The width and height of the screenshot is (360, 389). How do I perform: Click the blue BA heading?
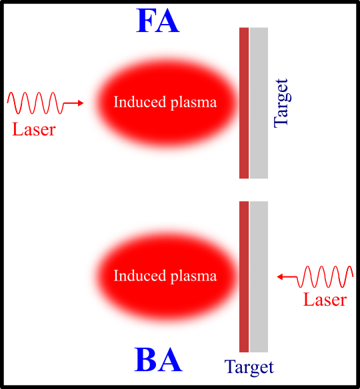158,360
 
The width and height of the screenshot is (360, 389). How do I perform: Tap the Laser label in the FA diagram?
33,129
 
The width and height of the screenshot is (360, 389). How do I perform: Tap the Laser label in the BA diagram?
325,299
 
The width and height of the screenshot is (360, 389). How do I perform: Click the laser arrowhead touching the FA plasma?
81,103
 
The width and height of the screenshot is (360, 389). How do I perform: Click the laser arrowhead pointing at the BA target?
281,276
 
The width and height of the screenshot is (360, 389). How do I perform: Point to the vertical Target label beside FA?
281,103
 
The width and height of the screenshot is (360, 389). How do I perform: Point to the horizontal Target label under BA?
249,367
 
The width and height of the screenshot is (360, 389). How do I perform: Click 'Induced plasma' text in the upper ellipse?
165,103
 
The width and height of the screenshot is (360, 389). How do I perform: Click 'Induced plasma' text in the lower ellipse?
165,276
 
